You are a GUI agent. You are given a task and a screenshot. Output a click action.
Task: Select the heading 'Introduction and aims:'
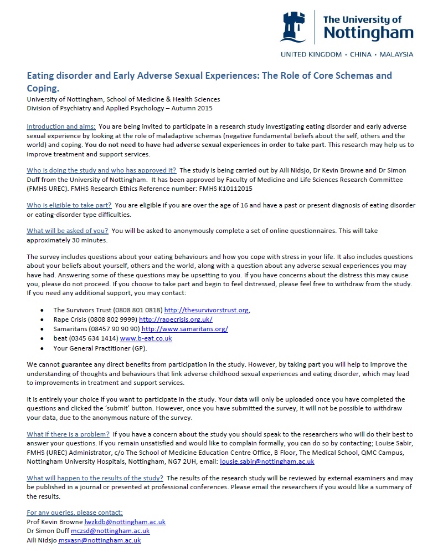(61, 127)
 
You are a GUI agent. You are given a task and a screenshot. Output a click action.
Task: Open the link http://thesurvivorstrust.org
(207, 310)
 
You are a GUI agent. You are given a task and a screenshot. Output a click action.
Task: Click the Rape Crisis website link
(176, 319)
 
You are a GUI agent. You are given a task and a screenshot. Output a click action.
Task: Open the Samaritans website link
(185, 329)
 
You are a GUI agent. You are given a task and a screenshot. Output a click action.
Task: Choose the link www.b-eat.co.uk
(146, 338)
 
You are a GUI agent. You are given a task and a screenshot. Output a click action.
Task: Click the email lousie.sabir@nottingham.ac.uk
(267, 461)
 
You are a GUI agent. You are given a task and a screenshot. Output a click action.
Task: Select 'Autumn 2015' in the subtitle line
(193, 108)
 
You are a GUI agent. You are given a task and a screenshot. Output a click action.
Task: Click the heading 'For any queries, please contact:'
(75, 513)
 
